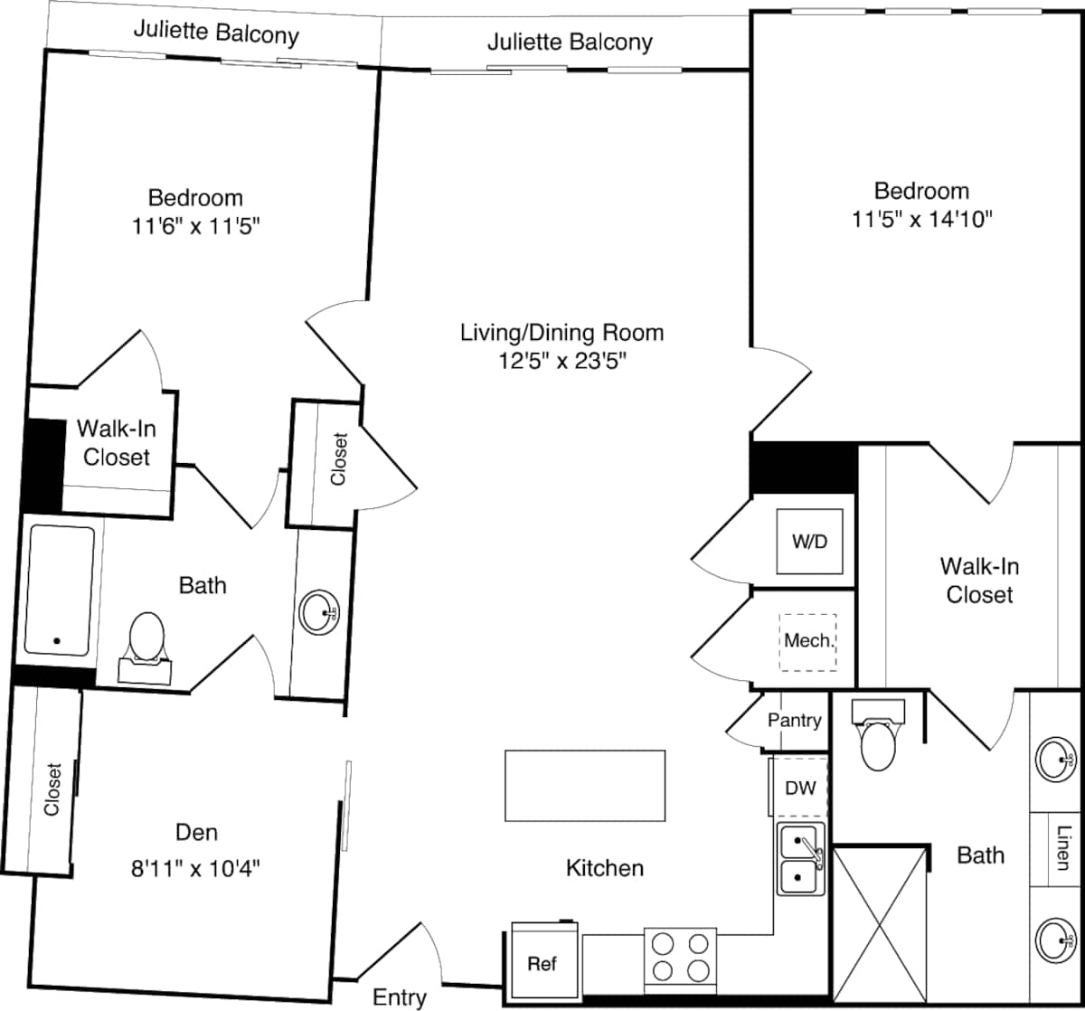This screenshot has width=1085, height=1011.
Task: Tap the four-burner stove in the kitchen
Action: pyautogui.click(x=680, y=957)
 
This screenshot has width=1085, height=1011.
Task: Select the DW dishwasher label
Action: pyautogui.click(x=800, y=788)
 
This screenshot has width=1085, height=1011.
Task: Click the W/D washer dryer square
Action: pyautogui.click(x=810, y=541)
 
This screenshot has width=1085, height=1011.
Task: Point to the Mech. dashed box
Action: pyautogui.click(x=808, y=641)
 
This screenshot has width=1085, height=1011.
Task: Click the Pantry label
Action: pyautogui.click(x=795, y=720)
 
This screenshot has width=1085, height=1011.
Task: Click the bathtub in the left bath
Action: pyautogui.click(x=60, y=591)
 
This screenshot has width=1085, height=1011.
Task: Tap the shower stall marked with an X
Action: pyautogui.click(x=880, y=923)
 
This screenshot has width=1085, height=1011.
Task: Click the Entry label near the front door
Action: pyautogui.click(x=400, y=997)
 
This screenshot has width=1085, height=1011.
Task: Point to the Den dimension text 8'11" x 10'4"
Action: pyautogui.click(x=196, y=868)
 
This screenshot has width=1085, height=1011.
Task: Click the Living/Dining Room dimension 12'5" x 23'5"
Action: pyautogui.click(x=562, y=361)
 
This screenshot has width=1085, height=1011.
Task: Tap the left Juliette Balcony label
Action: pyautogui.click(x=216, y=34)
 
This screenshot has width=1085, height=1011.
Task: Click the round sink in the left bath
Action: pyautogui.click(x=319, y=613)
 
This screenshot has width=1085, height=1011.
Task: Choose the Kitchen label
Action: pyautogui.click(x=605, y=868)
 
